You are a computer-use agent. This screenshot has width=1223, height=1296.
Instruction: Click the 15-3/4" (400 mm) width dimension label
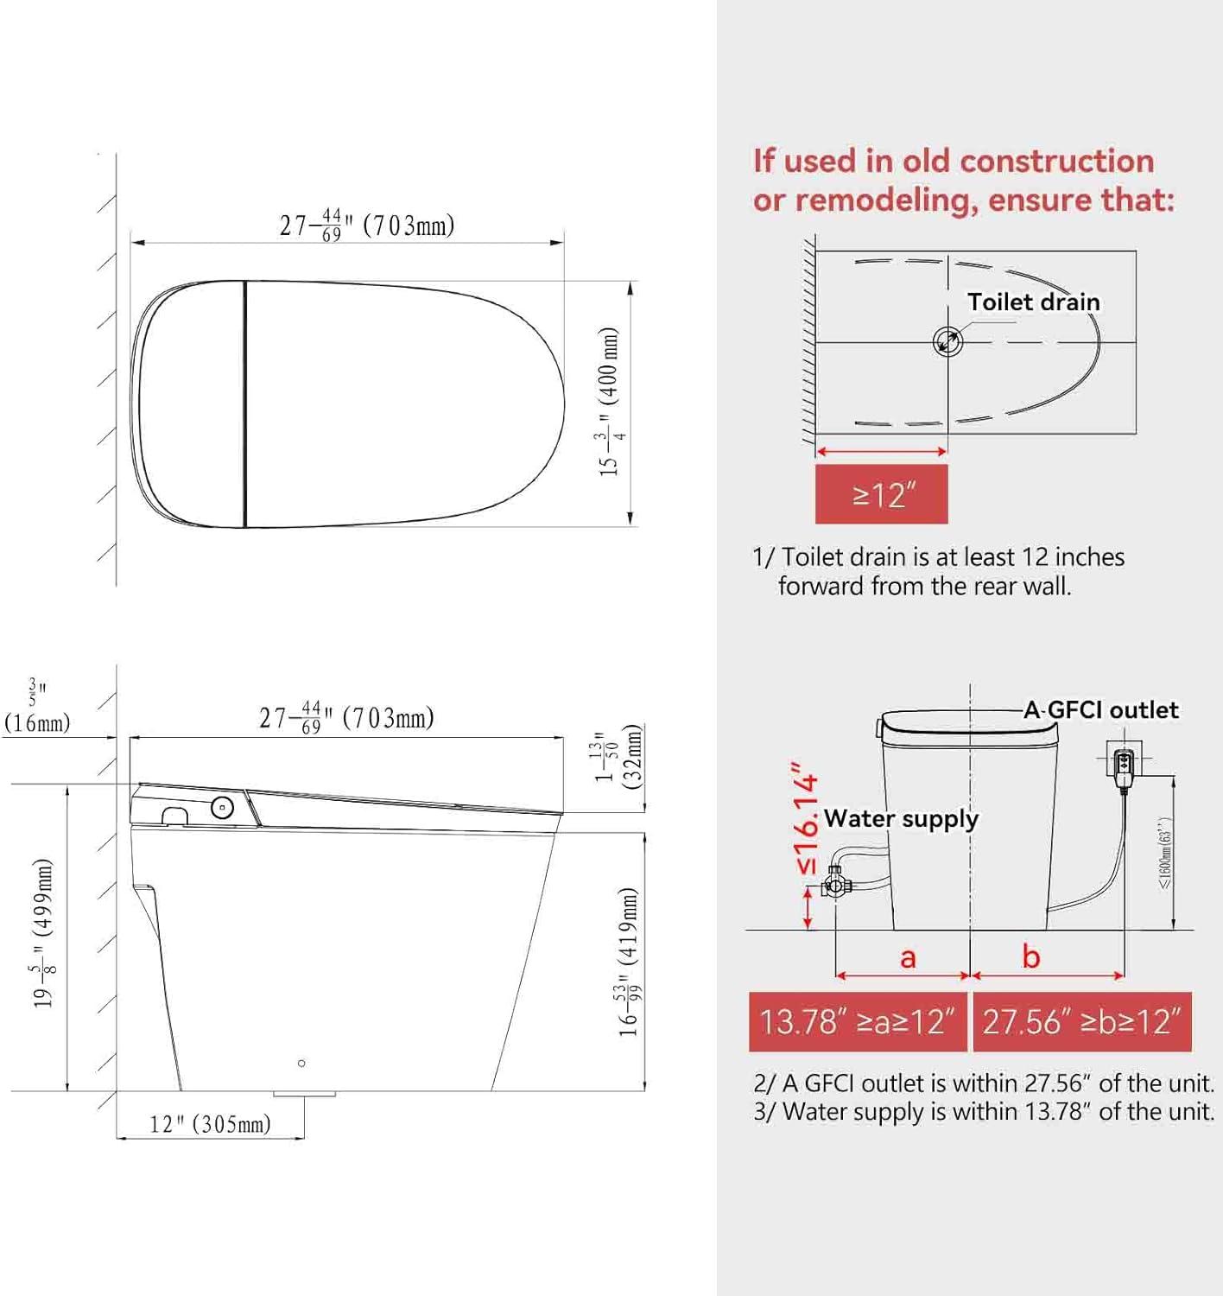(x=611, y=402)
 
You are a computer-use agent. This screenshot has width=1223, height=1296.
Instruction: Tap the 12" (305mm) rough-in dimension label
(x=210, y=1124)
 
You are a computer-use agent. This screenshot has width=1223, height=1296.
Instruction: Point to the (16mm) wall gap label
(x=37, y=722)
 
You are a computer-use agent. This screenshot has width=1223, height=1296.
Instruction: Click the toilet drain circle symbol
(x=947, y=341)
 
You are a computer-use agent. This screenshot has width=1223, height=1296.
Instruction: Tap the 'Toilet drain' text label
(x=1033, y=302)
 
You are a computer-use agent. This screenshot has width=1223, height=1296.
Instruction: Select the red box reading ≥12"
(x=881, y=494)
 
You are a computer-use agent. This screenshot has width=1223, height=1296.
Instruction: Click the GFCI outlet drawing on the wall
(x=1124, y=763)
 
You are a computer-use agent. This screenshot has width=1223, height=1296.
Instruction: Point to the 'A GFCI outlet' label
(x=1100, y=710)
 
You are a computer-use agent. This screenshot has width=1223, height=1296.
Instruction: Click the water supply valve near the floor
(x=835, y=884)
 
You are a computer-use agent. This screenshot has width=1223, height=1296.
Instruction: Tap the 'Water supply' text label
(x=901, y=818)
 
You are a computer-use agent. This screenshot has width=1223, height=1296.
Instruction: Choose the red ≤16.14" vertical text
(x=806, y=818)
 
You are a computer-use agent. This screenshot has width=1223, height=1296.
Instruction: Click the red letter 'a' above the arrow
(x=908, y=957)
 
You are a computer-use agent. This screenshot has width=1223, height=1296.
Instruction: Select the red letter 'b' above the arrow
(x=1031, y=956)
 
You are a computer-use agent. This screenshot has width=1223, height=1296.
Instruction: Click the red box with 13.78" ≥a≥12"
(x=858, y=1021)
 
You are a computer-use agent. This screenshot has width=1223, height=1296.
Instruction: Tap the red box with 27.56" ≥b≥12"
(x=1081, y=1021)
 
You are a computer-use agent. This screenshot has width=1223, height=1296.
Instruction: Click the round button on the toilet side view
(x=222, y=808)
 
